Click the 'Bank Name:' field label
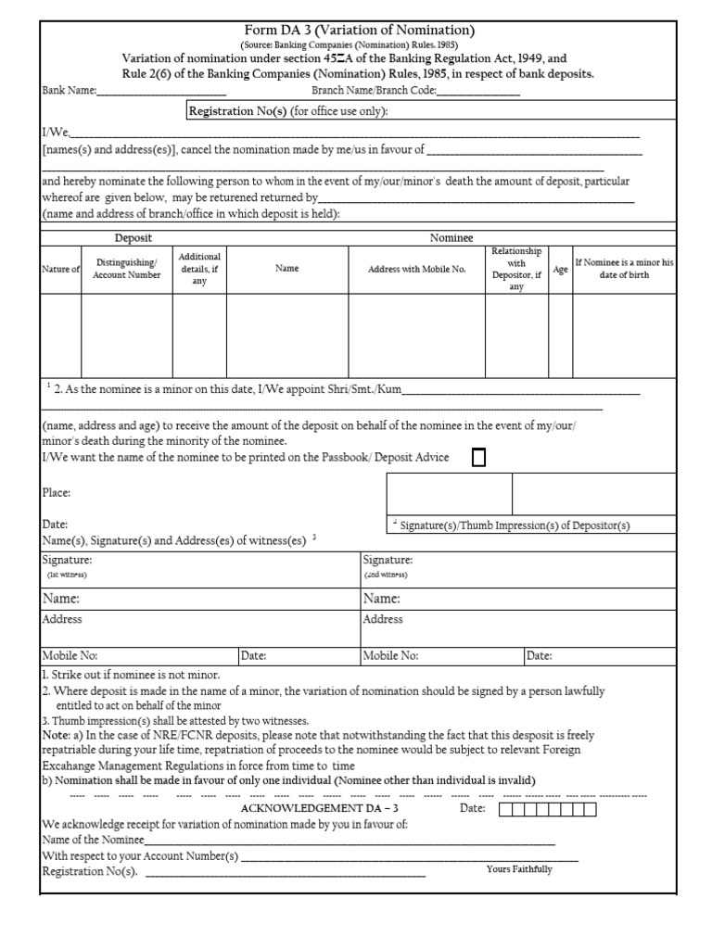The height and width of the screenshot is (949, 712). coord(70,91)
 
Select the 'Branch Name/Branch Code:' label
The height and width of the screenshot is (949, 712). coord(373,91)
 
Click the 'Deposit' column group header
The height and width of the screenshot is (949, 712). coord(133,238)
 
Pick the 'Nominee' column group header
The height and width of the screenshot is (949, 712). coord(451,238)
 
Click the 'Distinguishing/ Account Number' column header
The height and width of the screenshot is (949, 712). coord(126,269)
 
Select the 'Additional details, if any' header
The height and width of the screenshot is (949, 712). coord(199,269)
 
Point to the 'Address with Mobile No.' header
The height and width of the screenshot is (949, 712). coord(416,269)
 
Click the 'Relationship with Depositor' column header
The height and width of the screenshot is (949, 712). coord(516,269)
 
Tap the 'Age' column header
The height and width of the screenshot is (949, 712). coord(560,269)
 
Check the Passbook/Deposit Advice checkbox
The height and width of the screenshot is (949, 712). coord(478,458)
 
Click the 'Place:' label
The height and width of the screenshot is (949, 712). coord(57,493)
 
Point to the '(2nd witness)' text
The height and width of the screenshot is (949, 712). coord(386,575)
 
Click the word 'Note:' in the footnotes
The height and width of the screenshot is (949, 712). coord(57,735)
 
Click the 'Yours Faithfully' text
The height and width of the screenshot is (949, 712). coord(518,869)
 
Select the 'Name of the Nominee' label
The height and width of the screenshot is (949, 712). coord(93,840)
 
